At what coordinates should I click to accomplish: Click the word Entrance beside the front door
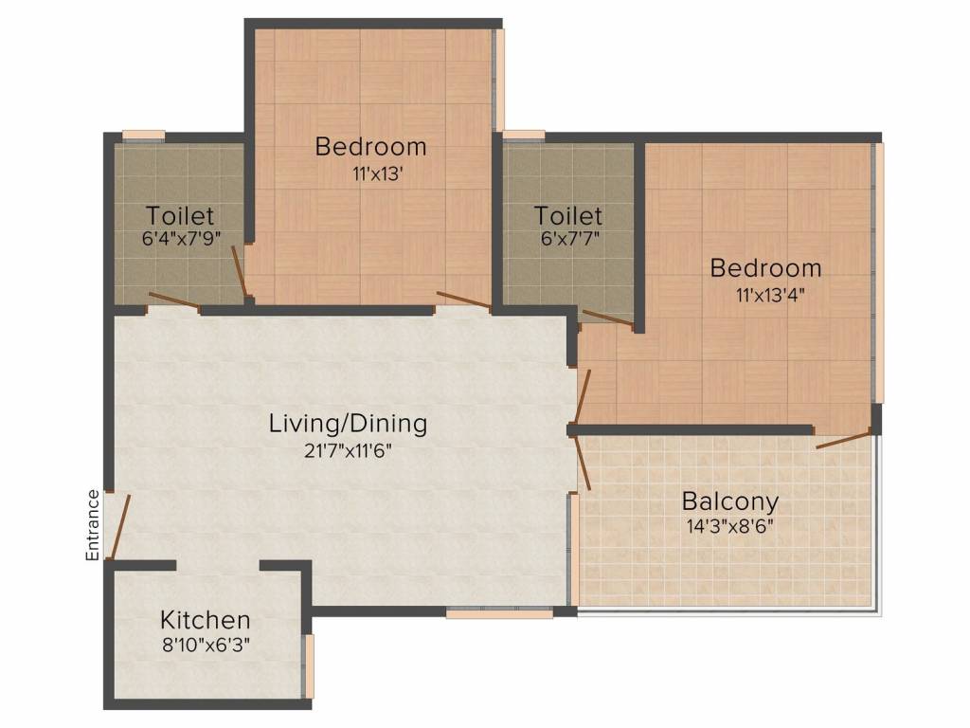[92, 525]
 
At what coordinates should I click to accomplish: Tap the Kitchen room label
[206, 620]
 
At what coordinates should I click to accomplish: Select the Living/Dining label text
[349, 424]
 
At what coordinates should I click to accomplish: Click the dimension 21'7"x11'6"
[349, 450]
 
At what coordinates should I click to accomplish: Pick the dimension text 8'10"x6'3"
[206, 645]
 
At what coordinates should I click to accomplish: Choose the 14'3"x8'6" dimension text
[730, 526]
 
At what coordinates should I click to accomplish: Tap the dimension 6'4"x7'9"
[181, 238]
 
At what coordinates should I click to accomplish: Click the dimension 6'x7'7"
[569, 238]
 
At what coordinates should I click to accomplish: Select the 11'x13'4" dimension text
[769, 294]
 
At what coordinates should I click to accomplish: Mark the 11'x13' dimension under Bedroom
[378, 174]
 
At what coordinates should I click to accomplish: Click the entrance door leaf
[120, 527]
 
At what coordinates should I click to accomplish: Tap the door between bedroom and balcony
[842, 440]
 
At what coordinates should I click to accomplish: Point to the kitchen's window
[308, 666]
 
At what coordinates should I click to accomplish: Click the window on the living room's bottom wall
[499, 613]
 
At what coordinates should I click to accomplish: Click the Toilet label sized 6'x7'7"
[568, 215]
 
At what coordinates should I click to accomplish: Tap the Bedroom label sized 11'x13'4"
[765, 268]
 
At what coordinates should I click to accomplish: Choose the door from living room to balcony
[581, 462]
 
